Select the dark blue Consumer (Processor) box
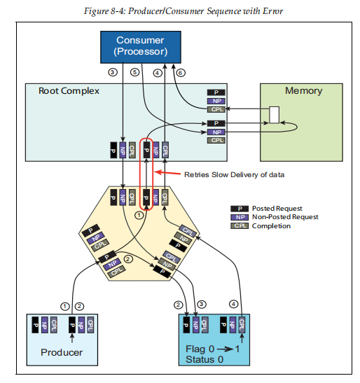click(141, 46)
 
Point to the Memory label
click(303, 91)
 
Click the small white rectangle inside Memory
click(275, 113)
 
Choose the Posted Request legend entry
click(277, 208)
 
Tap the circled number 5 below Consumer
click(135, 72)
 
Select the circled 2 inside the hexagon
click(127, 259)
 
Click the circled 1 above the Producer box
click(65, 305)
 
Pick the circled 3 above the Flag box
click(203, 305)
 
